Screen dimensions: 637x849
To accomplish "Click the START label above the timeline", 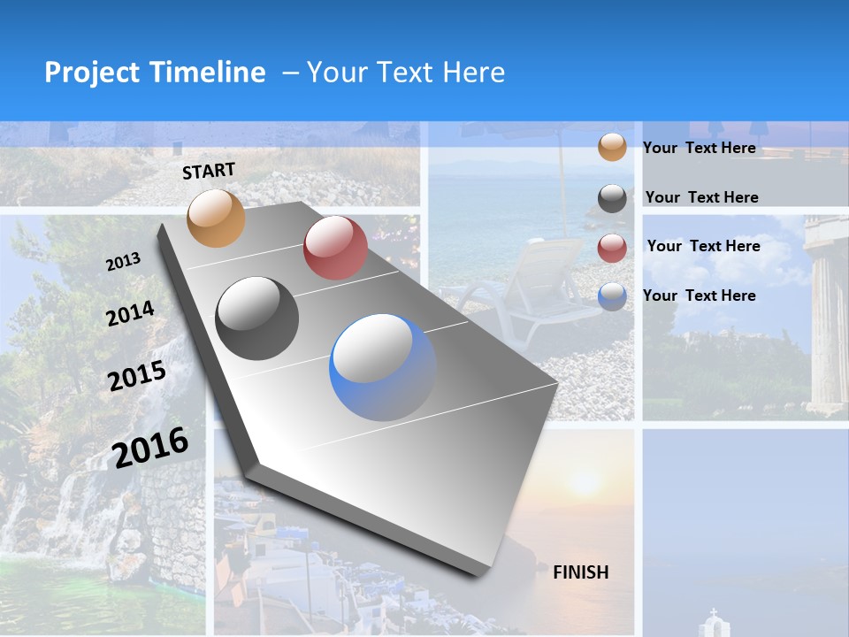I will [209, 171].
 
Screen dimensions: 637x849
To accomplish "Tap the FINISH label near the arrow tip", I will [581, 572].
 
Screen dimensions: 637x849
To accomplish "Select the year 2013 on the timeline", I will [123, 262].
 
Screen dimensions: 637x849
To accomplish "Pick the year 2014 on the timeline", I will [130, 313].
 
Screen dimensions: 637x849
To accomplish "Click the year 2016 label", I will [150, 447].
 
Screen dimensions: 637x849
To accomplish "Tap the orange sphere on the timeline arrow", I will [216, 218].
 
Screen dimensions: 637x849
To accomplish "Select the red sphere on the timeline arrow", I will [335, 248].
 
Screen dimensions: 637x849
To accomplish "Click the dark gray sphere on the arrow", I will [257, 318].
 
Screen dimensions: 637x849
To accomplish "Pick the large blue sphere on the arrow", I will [384, 367].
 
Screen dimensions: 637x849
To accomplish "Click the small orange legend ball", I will [612, 147].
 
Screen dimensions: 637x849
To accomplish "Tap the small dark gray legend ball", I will [612, 198].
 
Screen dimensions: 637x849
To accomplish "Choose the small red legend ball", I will [612, 248].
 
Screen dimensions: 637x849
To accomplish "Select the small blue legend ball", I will [612, 296].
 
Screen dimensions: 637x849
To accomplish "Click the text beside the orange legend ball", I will [700, 148].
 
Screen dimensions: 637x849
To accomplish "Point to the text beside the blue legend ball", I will [700, 295].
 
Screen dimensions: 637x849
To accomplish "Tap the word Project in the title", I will [93, 73].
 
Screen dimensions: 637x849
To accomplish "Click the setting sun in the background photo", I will [586, 483].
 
